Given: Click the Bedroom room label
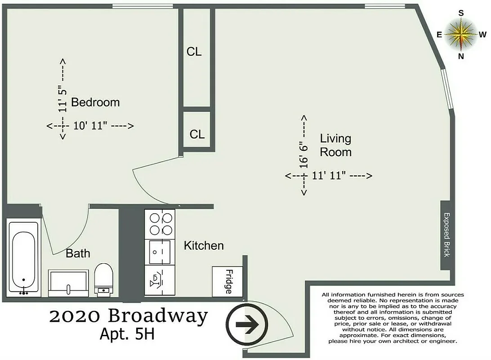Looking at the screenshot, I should [95, 102].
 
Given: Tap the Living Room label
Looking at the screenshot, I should [335, 145].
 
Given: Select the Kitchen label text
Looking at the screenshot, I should [204, 245].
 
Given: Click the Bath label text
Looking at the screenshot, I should [78, 253].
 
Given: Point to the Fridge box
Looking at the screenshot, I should [228, 282].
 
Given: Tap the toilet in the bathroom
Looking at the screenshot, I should [104, 279].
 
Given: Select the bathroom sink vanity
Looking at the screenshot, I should [68, 283].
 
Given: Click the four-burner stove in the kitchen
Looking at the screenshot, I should [161, 224].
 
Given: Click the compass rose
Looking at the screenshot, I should [461, 35].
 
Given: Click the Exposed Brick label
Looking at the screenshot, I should [446, 234].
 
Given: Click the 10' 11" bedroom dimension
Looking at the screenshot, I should [90, 126].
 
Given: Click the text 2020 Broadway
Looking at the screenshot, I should [129, 316].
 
